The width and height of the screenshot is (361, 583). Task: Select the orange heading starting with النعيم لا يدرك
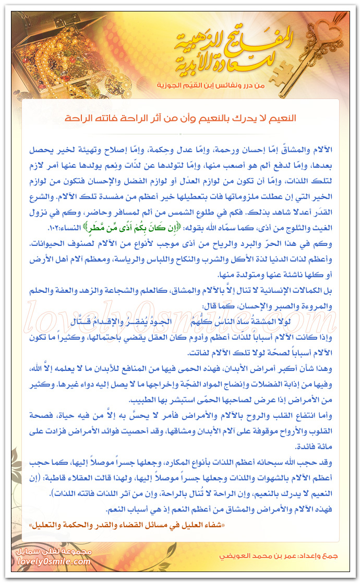tap(180, 118)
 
